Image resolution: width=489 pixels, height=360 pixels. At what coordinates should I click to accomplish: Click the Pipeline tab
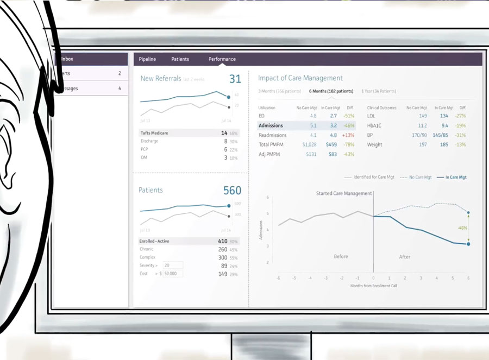pyautogui.click(x=147, y=59)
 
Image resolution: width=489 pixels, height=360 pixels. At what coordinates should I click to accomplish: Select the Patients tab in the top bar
pyautogui.click(x=180, y=59)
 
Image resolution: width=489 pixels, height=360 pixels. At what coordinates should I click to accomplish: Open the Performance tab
pyautogui.click(x=222, y=59)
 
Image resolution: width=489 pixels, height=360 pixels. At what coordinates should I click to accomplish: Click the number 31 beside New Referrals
pyautogui.click(x=235, y=79)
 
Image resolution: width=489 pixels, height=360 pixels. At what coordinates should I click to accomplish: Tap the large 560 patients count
pyautogui.click(x=232, y=191)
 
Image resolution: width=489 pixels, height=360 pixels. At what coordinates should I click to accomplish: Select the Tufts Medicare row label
pyautogui.click(x=154, y=133)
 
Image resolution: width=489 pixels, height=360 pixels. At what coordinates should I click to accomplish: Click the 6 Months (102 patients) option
pyautogui.click(x=331, y=91)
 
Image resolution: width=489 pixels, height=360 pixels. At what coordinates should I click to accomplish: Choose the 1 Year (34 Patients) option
pyautogui.click(x=379, y=91)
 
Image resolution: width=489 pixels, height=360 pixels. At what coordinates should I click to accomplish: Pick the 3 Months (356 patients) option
pyautogui.click(x=279, y=91)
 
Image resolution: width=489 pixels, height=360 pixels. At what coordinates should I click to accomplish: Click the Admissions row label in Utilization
pyautogui.click(x=271, y=125)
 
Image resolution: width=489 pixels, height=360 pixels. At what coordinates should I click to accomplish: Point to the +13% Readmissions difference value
pyautogui.click(x=348, y=135)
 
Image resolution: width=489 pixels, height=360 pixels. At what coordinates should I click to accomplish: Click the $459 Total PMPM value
pyautogui.click(x=331, y=145)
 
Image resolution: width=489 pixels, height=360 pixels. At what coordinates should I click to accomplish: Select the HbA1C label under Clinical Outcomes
pyautogui.click(x=374, y=125)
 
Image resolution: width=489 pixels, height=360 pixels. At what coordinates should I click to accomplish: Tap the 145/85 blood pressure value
pyautogui.click(x=440, y=135)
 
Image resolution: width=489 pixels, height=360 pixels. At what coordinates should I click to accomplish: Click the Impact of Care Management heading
pyautogui.click(x=300, y=78)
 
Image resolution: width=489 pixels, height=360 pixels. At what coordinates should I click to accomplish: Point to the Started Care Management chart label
pyautogui.click(x=344, y=193)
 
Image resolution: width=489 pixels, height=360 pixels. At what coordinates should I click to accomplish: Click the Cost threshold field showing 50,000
pyautogui.click(x=173, y=274)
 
